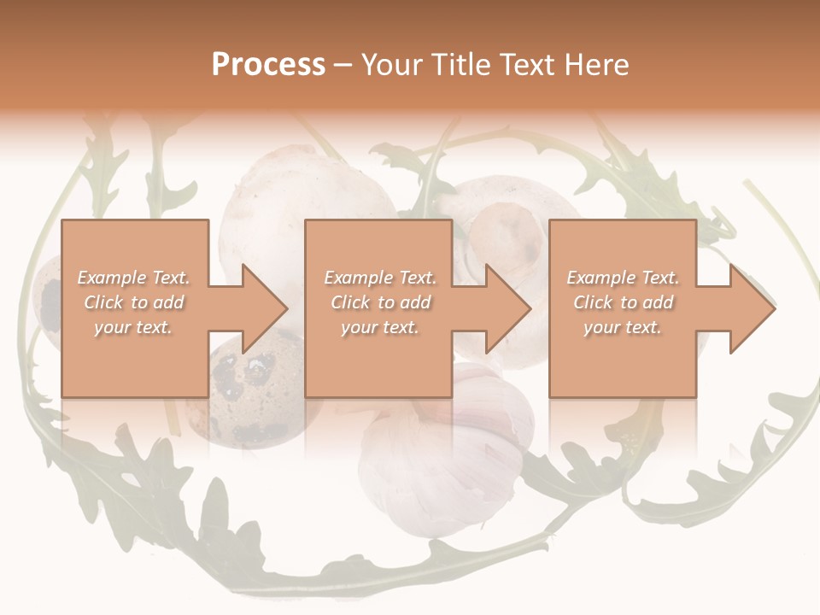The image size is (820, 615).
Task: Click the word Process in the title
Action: (x=268, y=64)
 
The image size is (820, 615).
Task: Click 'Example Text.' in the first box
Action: (x=133, y=278)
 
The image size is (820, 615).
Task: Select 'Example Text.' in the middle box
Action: (x=379, y=278)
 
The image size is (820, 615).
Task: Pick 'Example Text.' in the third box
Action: (x=623, y=278)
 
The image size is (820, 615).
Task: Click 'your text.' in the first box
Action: (x=133, y=327)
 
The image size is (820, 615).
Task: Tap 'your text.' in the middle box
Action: (x=379, y=327)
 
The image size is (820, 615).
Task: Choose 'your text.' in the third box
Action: (x=623, y=327)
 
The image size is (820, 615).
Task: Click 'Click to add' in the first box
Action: (x=133, y=302)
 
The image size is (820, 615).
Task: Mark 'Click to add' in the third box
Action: (x=623, y=302)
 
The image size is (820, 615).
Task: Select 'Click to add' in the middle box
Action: (x=379, y=302)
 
